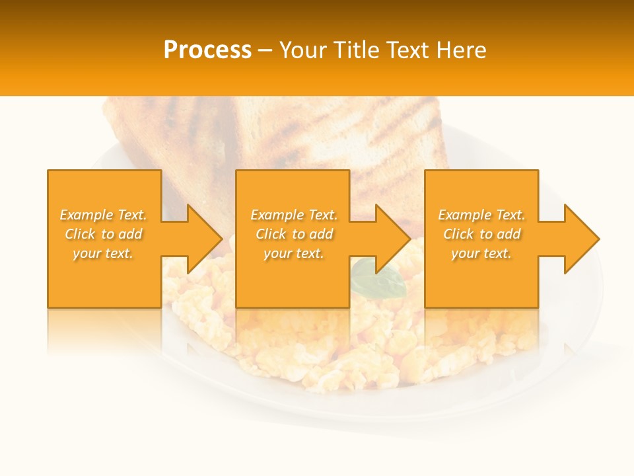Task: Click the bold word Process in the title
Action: tap(207, 50)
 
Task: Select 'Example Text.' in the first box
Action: tap(104, 215)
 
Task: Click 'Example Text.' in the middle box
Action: tap(294, 215)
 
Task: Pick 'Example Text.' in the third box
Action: tap(481, 215)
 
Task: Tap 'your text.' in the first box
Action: tap(104, 253)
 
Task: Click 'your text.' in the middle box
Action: tap(294, 253)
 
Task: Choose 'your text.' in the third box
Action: tap(481, 253)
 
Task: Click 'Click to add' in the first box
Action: tap(104, 234)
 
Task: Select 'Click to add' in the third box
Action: tap(481, 234)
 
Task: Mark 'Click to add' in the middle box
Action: tap(294, 234)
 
